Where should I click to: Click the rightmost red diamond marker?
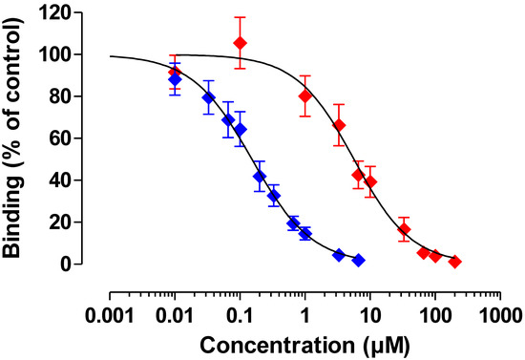click(x=455, y=261)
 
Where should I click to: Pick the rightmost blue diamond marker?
click(x=358, y=260)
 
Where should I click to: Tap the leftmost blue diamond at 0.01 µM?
click(x=175, y=79)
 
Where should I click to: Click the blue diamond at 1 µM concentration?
click(x=304, y=233)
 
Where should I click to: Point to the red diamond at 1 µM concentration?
click(x=304, y=95)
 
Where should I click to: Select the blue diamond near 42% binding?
click(x=259, y=177)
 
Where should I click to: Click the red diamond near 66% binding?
click(x=338, y=125)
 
